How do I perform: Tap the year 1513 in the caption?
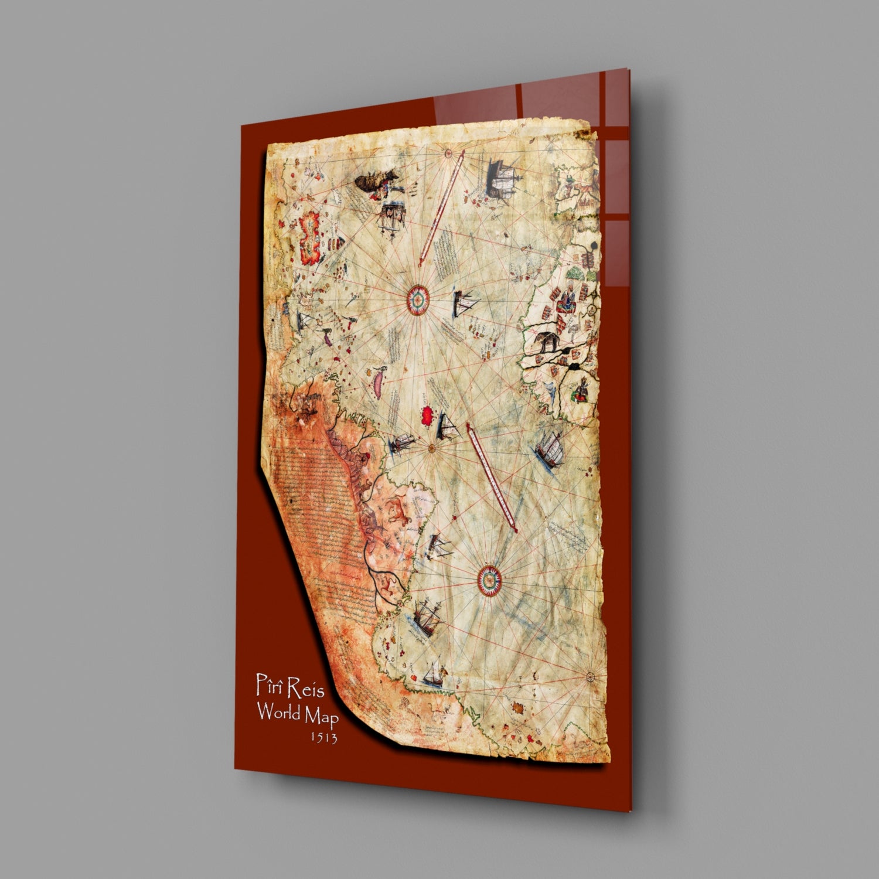coord(324,737)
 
